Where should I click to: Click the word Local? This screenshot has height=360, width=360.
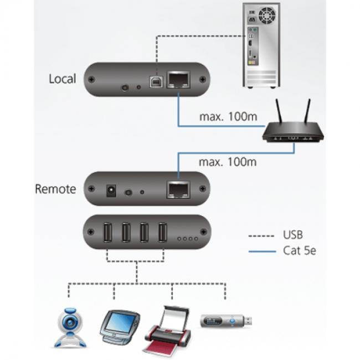(62, 79)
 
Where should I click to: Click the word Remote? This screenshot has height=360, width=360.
(55, 189)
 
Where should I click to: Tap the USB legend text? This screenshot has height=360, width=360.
(292, 235)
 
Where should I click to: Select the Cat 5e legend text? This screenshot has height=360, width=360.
(300, 251)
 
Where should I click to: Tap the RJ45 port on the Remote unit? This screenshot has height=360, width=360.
(177, 189)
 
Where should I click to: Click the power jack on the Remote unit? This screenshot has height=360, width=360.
(111, 192)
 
